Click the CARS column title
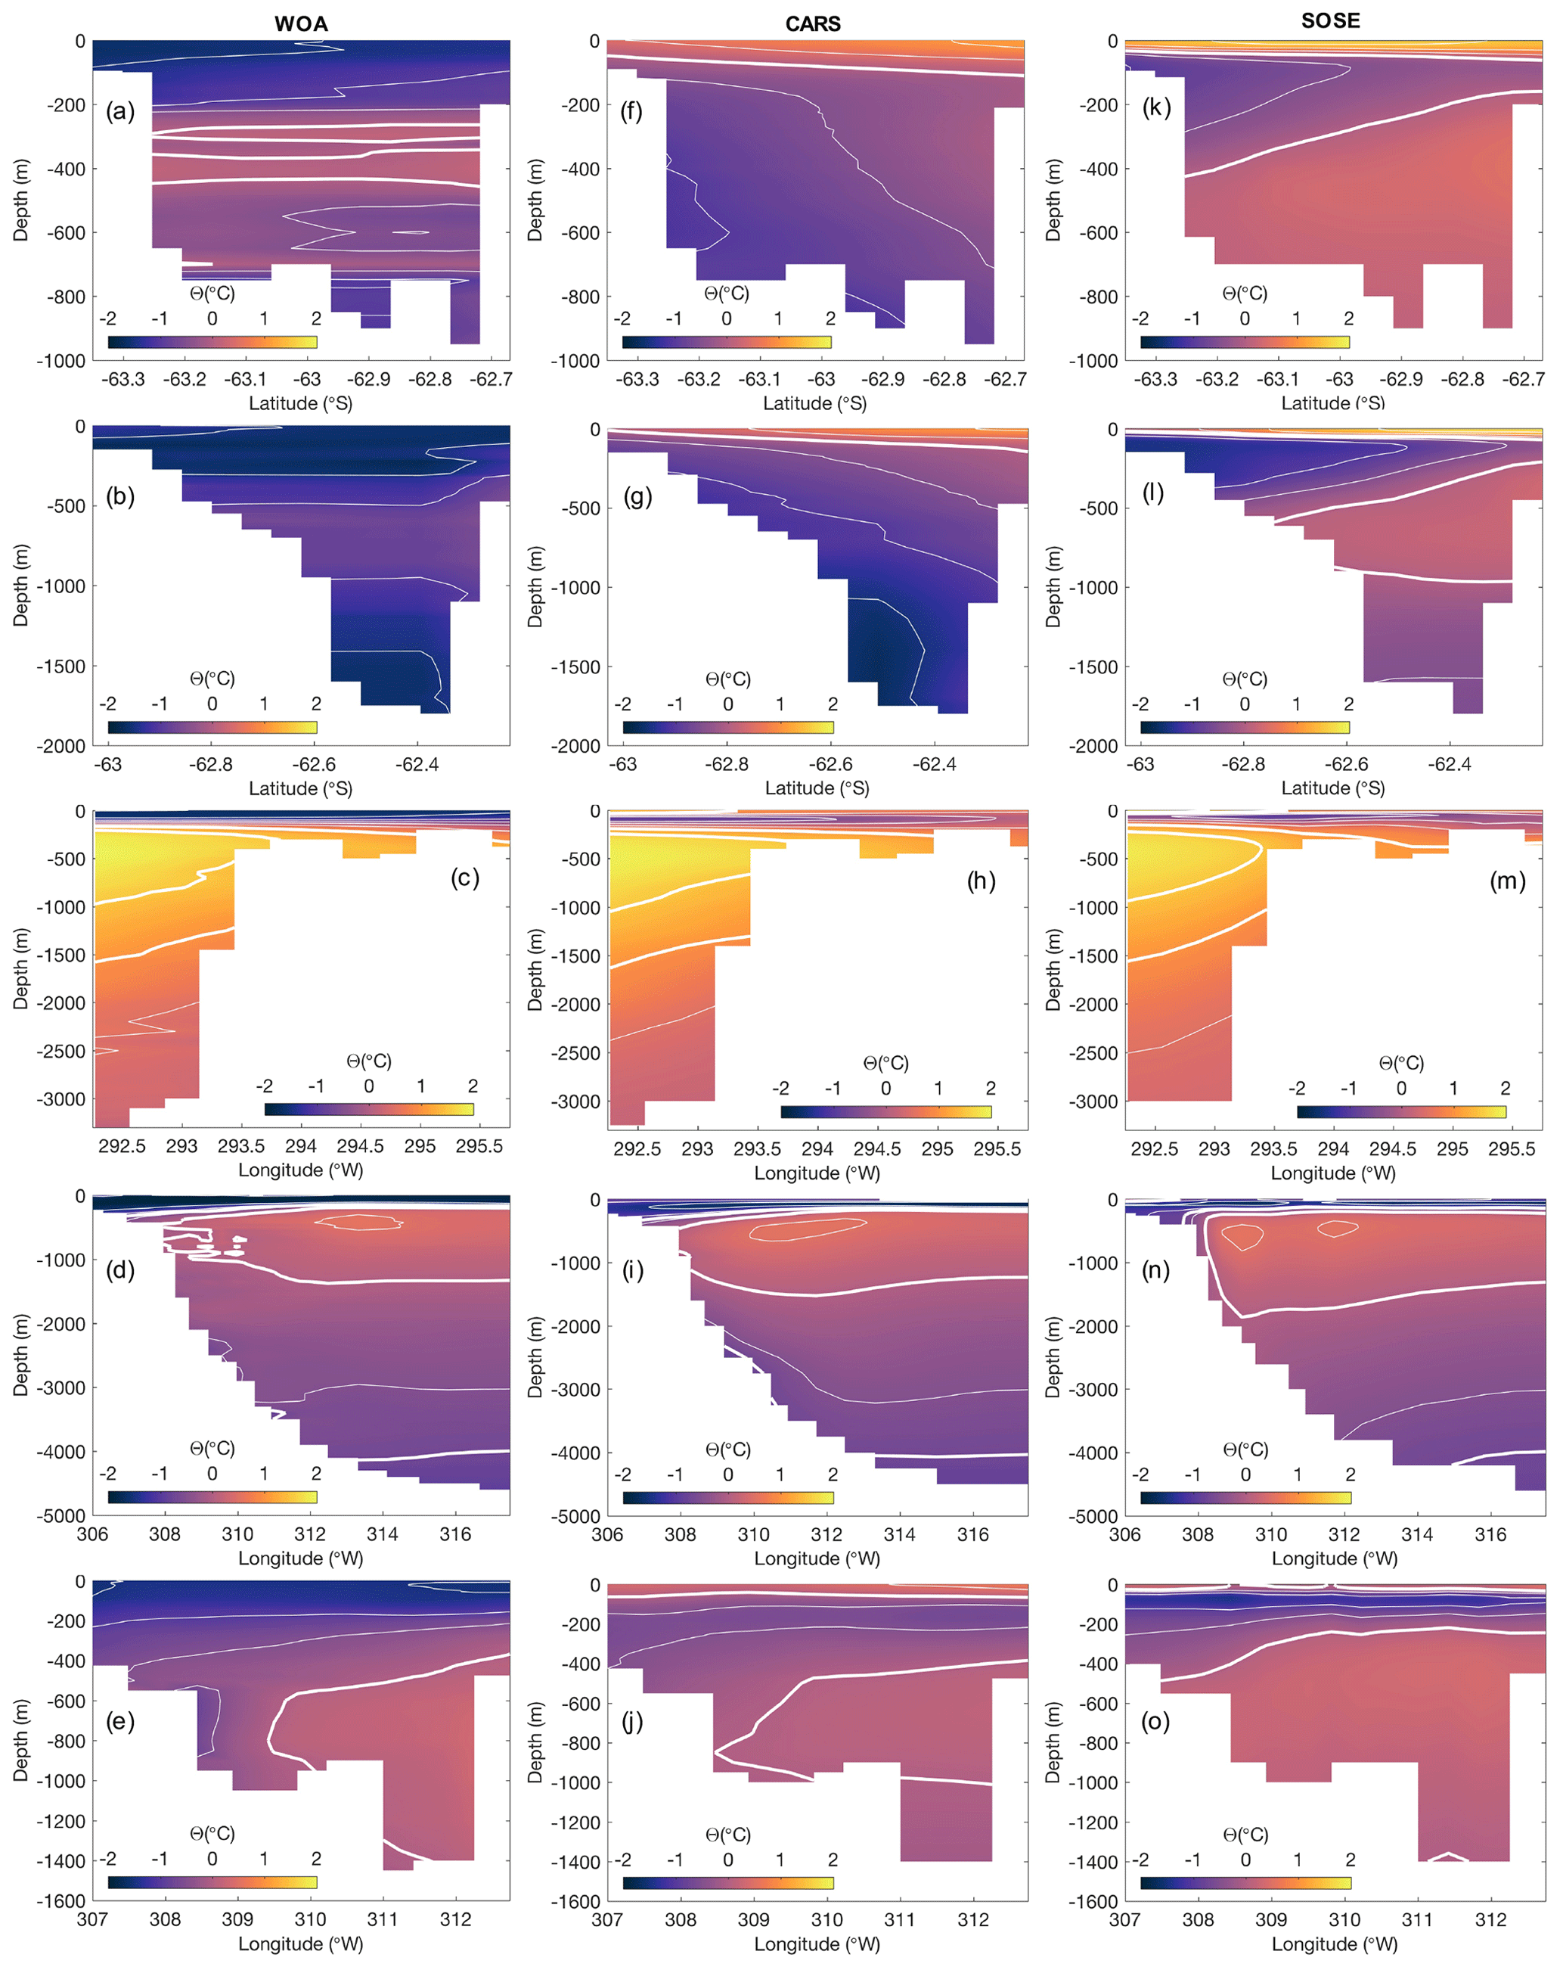point(813,23)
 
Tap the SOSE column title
point(1331,21)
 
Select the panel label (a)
point(119,111)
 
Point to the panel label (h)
point(981,881)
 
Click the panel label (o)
point(1155,1721)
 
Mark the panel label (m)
point(1507,881)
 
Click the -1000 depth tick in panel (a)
point(61,361)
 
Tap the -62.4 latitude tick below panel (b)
point(417,765)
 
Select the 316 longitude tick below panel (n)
point(1491,1534)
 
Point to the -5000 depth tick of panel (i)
point(576,1517)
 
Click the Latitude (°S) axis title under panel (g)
point(817,788)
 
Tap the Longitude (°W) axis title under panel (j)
point(817,1944)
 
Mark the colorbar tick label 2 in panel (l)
point(1348,704)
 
